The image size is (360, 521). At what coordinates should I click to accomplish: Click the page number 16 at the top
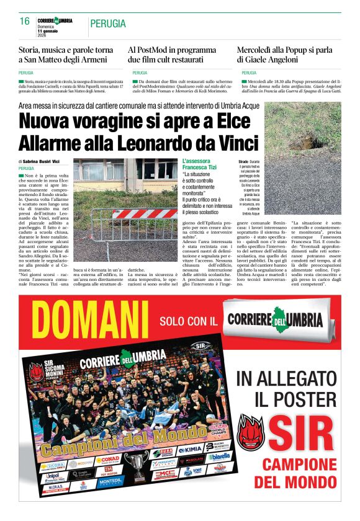[25, 21]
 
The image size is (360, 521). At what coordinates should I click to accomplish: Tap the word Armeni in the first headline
[101, 60]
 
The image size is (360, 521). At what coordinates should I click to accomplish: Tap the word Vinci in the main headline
[232, 142]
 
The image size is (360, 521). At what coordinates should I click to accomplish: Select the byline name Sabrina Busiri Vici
[42, 161]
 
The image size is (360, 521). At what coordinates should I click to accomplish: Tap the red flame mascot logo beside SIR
[251, 432]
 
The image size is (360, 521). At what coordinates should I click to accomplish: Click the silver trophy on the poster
[136, 465]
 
